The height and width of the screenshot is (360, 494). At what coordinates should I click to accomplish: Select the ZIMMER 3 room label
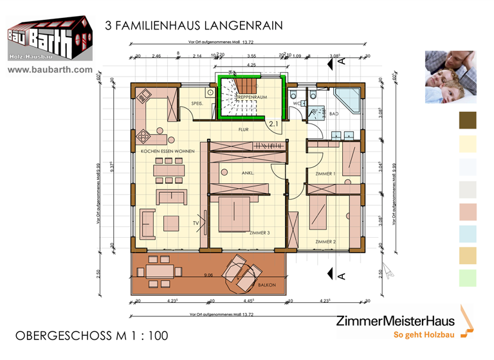pyautogui.click(x=259, y=233)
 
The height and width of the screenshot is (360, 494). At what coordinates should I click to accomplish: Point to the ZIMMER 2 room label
pyautogui.click(x=325, y=241)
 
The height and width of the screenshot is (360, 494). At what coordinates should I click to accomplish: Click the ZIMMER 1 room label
pyautogui.click(x=325, y=174)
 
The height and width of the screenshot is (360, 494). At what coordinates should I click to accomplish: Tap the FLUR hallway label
pyautogui.click(x=243, y=129)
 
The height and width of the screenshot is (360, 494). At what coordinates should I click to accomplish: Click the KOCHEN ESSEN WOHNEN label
pyautogui.click(x=167, y=151)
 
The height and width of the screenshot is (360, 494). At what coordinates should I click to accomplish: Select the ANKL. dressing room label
pyautogui.click(x=248, y=173)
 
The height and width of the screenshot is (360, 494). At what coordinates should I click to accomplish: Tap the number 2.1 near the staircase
pyautogui.click(x=273, y=123)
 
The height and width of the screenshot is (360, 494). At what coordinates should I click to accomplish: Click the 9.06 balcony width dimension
pyautogui.click(x=208, y=275)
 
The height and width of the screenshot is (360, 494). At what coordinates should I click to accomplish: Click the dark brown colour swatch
pyautogui.click(x=468, y=120)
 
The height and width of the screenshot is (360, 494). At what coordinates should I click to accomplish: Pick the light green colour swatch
pyautogui.click(x=468, y=278)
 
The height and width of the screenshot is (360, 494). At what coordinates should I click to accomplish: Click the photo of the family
pyautogui.click(x=450, y=77)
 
